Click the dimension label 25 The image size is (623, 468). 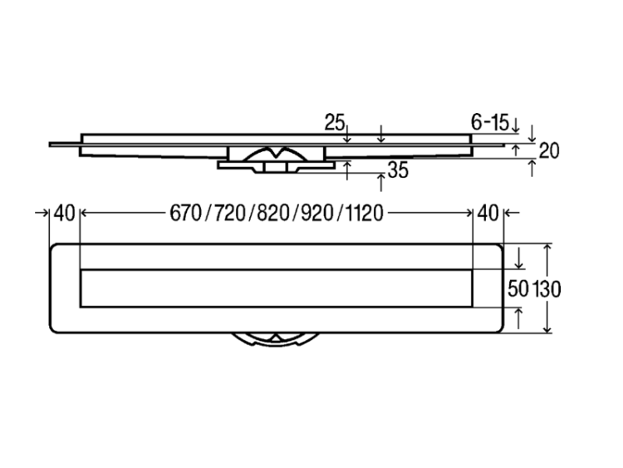334,122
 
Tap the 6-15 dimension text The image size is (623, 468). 490,122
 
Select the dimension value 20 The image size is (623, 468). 549,150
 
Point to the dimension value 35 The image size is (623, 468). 398,170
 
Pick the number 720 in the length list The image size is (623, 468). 229,213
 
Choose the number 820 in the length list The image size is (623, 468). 273,213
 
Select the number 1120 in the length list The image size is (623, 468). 365,213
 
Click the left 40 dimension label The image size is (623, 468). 64,213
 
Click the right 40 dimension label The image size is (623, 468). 488,213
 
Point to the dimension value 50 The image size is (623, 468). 518,289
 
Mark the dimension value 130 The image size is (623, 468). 547,289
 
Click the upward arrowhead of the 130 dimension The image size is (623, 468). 547,248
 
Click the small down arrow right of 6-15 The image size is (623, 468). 515,126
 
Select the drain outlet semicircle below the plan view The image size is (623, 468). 276,339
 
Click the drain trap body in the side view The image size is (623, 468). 276,159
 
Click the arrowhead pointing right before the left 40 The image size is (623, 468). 45,213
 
